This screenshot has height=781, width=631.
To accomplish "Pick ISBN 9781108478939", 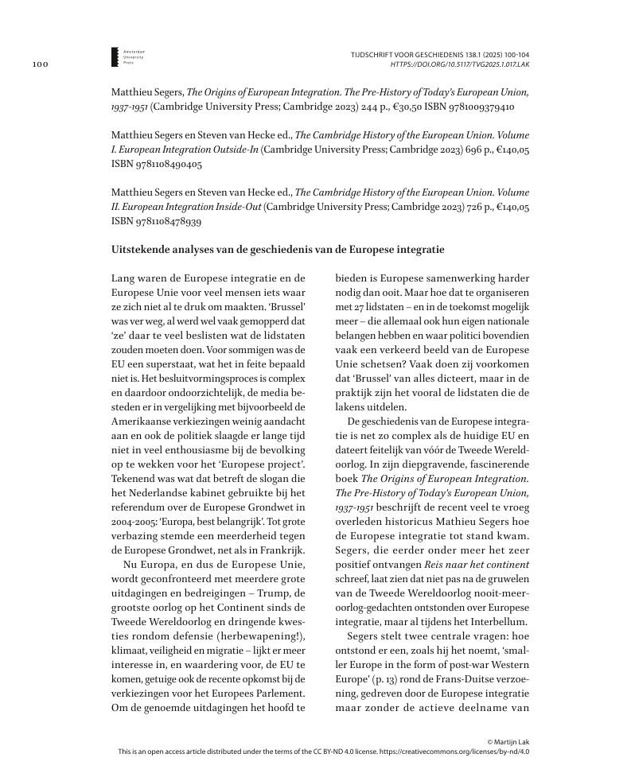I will tap(157, 223).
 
